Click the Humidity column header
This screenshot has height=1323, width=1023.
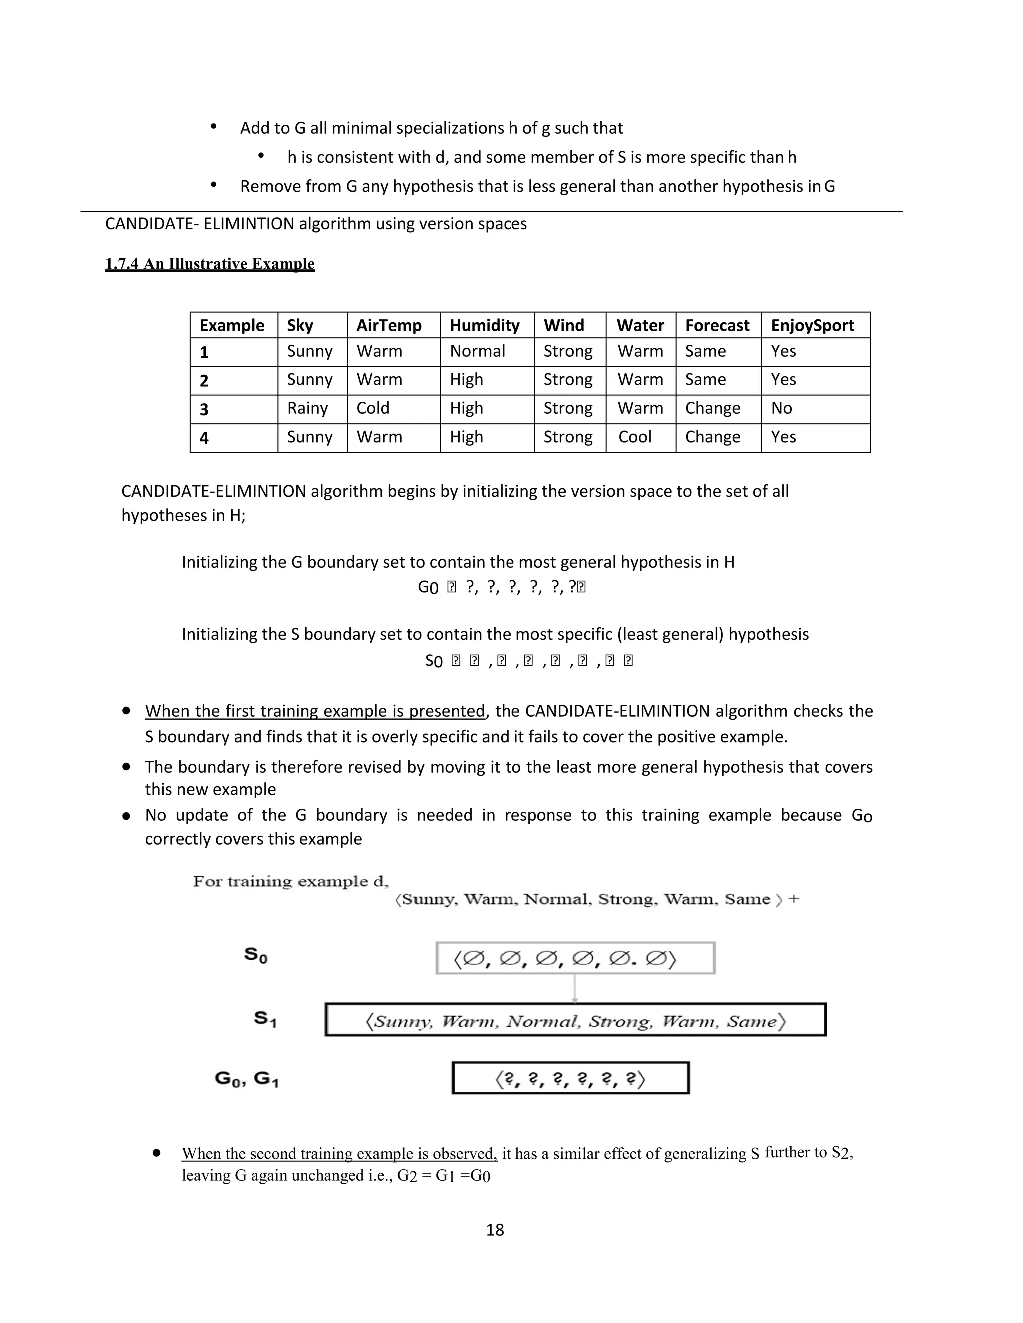[x=484, y=326]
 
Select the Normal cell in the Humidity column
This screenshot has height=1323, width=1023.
[x=477, y=351]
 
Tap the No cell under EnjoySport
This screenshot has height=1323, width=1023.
[x=781, y=408]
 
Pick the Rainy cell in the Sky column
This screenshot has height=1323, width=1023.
[x=307, y=408]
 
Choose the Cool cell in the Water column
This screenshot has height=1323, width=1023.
[x=634, y=437]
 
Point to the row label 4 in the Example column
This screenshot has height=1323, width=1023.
[x=204, y=437]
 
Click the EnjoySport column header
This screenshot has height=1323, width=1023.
[x=812, y=326]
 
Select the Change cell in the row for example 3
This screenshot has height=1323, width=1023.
[x=713, y=408]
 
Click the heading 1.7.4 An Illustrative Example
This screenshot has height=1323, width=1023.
[x=210, y=264]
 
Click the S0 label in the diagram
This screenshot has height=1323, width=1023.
[x=256, y=955]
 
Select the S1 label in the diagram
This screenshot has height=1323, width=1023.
[x=265, y=1019]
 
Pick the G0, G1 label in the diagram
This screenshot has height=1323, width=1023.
[x=246, y=1078]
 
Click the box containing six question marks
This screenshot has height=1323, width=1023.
[x=570, y=1078]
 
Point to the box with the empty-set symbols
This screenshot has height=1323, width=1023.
[x=575, y=958]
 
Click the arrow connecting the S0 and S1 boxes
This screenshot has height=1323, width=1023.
[x=574, y=988]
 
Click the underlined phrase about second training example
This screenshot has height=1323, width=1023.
[x=339, y=1153]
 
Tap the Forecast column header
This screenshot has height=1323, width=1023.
[x=717, y=326]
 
